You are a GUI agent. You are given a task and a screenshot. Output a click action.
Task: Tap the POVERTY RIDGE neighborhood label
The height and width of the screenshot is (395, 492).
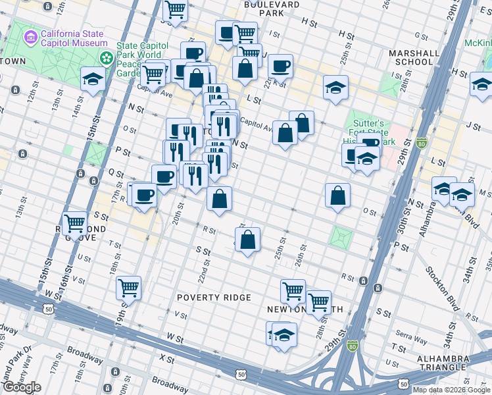[x=214, y=298]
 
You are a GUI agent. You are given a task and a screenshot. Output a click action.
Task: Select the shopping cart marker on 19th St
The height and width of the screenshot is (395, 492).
[x=128, y=288]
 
